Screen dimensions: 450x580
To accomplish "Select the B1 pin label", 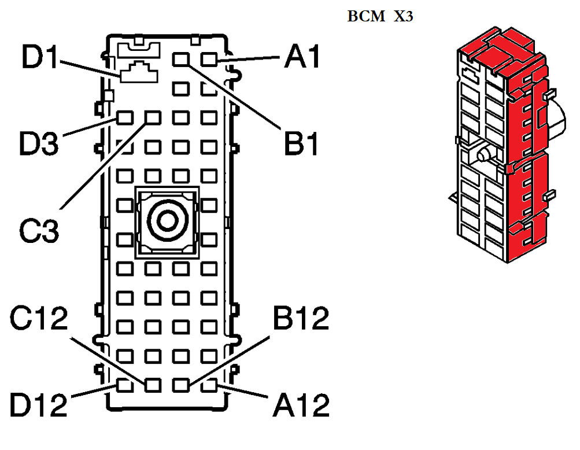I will (302, 144).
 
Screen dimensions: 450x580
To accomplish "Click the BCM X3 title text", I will (380, 17).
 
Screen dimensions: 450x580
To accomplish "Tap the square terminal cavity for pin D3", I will (124, 118).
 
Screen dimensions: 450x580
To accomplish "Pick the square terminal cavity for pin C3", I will (153, 118).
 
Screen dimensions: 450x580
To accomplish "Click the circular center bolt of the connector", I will (167, 221).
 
